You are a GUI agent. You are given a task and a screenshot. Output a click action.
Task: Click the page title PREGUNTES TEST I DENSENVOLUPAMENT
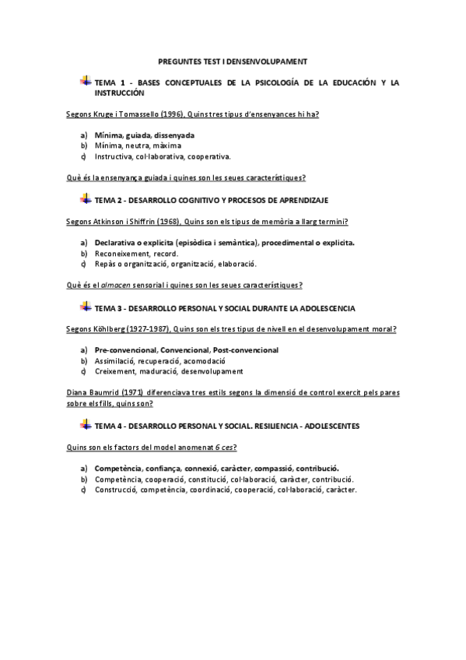pos(233,60)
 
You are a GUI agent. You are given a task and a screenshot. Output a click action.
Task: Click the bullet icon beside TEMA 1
pos(85,81)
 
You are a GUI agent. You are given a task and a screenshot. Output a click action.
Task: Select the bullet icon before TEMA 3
pos(85,307)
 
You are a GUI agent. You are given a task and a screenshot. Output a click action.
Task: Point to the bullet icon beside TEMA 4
pos(85,426)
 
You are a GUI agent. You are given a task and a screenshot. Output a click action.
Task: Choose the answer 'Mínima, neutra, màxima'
pos(138,145)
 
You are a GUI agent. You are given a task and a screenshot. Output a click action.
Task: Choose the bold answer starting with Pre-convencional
pos(186,349)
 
